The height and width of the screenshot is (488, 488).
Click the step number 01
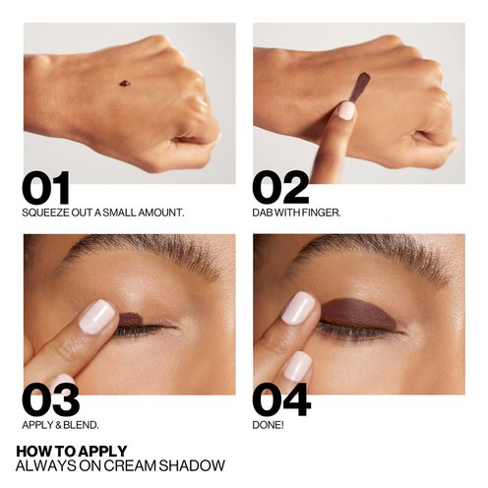[x=46, y=188]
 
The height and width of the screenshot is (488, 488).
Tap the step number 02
[x=280, y=188]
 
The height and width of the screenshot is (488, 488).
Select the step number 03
[x=51, y=399]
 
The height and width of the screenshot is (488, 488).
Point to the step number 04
[x=281, y=399]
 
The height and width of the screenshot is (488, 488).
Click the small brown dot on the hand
[x=125, y=84]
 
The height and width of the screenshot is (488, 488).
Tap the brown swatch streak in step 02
[x=359, y=87]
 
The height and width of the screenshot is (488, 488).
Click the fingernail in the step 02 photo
[x=346, y=110]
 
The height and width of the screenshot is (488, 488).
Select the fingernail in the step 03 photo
[x=97, y=316]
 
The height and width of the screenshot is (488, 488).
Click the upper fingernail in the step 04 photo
[x=298, y=307]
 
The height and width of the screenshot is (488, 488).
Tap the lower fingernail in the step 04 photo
[x=297, y=366]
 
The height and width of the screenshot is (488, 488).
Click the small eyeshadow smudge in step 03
[x=130, y=318]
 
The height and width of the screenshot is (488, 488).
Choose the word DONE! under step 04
[x=268, y=425]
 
